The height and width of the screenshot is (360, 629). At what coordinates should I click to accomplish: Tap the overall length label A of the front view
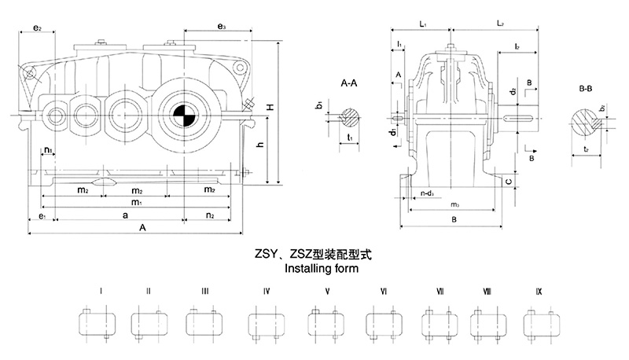pyautogui.click(x=143, y=228)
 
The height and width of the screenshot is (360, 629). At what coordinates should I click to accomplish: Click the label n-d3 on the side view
pyautogui.click(x=429, y=193)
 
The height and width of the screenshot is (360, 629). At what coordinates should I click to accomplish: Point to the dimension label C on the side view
pyautogui.click(x=509, y=182)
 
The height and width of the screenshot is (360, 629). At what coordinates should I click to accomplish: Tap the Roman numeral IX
pyautogui.click(x=538, y=292)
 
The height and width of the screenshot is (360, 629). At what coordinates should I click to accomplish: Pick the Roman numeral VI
pyautogui.click(x=384, y=292)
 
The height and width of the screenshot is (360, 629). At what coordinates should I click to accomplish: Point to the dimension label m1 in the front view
pyautogui.click(x=136, y=202)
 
